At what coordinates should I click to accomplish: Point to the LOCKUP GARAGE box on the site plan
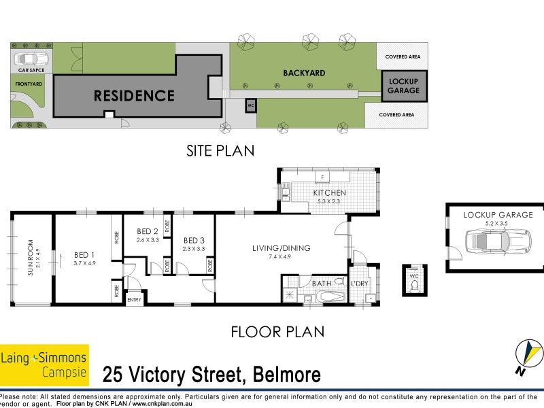click(403, 86)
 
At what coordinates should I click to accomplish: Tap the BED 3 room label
click(194, 240)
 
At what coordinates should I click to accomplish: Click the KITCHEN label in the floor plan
click(329, 193)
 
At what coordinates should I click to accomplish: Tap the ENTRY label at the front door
click(134, 300)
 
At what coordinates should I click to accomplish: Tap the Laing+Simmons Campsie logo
click(44, 364)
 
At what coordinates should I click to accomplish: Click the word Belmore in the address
click(286, 375)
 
